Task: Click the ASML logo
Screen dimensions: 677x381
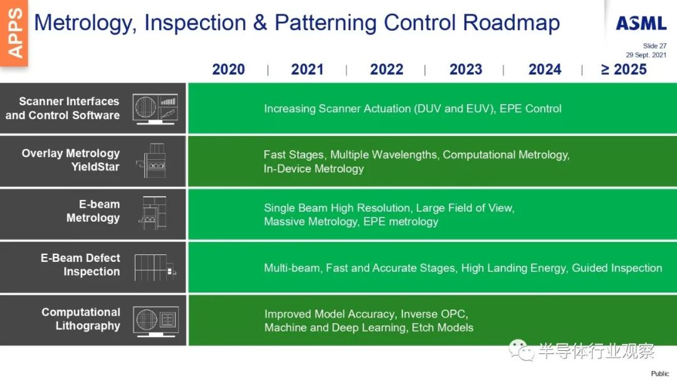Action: click(x=641, y=23)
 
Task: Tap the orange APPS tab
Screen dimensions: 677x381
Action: click(x=14, y=33)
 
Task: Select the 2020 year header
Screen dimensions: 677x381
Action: click(x=228, y=70)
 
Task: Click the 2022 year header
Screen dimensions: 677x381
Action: click(x=386, y=70)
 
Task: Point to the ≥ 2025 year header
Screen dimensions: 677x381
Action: click(x=624, y=70)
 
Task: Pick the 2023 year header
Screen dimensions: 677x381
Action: click(x=466, y=70)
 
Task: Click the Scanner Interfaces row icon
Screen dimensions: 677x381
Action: click(x=155, y=109)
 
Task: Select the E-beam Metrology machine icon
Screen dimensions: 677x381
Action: click(x=153, y=213)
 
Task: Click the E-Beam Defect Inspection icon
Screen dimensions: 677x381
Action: click(x=155, y=268)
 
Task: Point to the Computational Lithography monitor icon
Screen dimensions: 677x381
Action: click(x=156, y=321)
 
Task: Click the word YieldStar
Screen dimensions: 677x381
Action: click(x=95, y=167)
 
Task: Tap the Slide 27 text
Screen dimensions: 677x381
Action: click(x=654, y=46)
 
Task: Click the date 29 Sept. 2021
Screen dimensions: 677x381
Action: click(x=646, y=55)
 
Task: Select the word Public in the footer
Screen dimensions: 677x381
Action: click(x=659, y=373)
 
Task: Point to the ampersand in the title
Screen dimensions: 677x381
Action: click(x=260, y=23)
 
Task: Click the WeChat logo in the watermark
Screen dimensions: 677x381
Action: click(x=521, y=350)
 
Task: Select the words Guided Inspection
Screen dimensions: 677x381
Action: click(x=617, y=268)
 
